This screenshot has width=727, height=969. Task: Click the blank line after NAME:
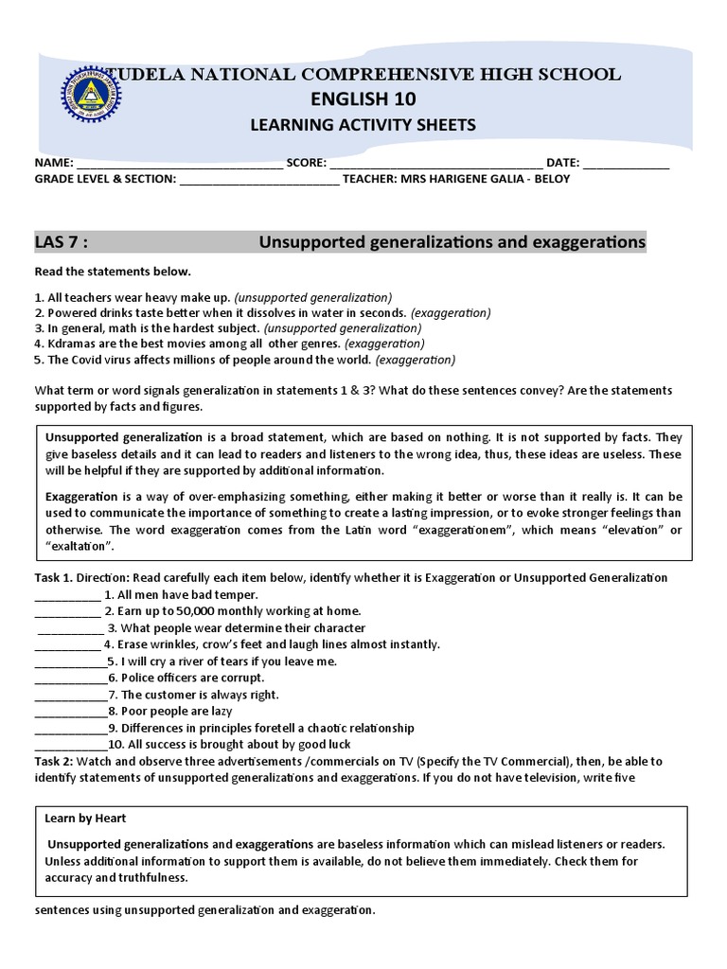[180, 164]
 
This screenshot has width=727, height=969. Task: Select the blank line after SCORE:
[435, 164]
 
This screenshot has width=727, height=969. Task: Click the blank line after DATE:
[627, 164]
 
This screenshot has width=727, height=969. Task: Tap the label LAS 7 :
[62, 243]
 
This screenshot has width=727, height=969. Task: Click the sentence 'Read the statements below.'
[113, 272]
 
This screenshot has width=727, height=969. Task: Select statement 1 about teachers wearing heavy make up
[213, 296]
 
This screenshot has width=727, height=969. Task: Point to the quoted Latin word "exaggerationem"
[461, 530]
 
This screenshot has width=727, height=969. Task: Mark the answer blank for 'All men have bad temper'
[66, 596]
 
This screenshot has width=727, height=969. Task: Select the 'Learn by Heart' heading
[85, 818]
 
